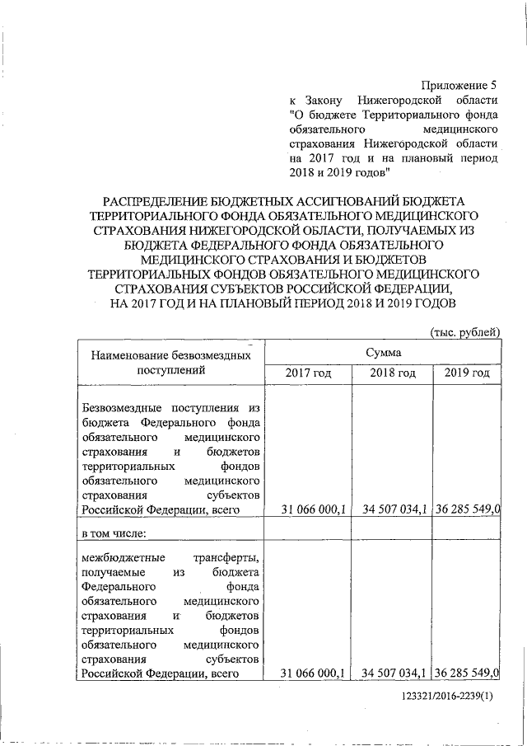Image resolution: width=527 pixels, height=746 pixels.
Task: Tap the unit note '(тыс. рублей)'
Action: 465,331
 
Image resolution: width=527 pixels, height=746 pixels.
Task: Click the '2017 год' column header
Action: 308,373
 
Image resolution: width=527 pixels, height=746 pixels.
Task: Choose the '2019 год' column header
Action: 467,373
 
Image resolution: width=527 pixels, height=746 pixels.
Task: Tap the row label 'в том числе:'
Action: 114,533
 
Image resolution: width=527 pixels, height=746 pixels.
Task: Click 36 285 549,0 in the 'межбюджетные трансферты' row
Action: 469,673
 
